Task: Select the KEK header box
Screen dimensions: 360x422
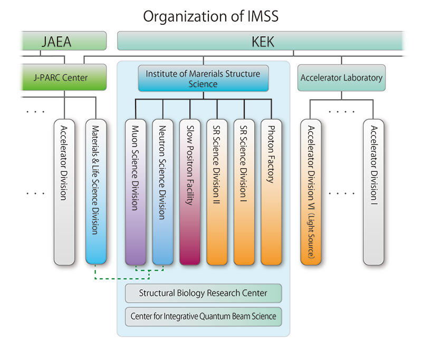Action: click(262, 41)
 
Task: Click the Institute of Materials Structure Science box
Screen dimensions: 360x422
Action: click(203, 78)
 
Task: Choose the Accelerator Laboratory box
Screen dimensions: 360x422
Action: click(341, 77)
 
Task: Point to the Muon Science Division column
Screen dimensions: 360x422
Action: click(136, 192)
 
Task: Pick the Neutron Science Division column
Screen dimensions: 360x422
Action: click(162, 192)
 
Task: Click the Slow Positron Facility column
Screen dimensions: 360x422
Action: click(190, 192)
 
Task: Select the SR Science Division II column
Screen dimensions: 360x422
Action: click(217, 192)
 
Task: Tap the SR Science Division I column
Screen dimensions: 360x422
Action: click(244, 192)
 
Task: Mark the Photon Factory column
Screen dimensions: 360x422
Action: click(271, 192)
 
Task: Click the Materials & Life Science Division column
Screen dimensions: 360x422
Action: click(96, 192)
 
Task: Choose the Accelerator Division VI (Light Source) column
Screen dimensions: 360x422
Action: click(311, 192)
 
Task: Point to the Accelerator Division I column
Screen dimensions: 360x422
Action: click(373, 192)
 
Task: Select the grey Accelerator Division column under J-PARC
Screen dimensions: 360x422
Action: click(64, 192)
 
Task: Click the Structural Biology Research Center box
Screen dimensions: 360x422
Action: click(203, 293)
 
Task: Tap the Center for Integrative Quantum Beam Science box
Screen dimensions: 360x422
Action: click(203, 317)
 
